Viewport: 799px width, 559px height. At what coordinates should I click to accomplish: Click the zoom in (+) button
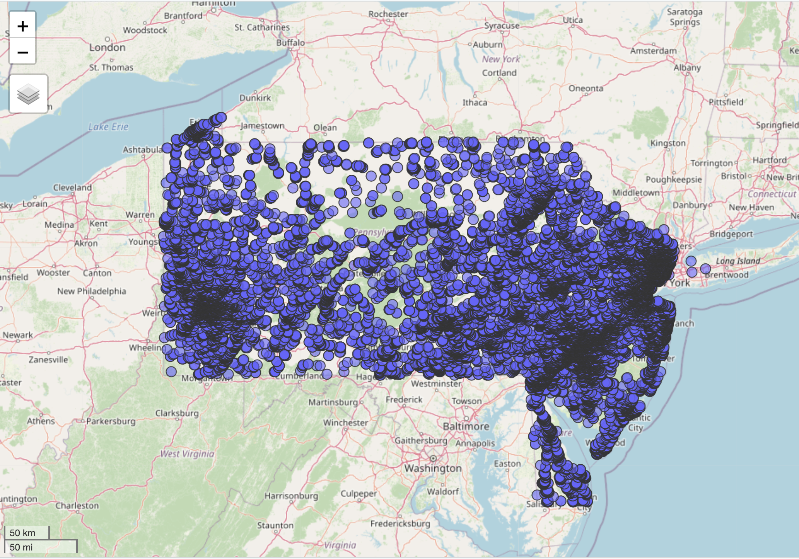pos(23,26)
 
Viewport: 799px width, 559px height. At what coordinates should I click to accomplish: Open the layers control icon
pos(29,94)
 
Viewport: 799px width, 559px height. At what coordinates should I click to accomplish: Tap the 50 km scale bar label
pos(22,533)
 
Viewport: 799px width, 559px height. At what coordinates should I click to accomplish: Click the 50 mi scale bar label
pos(21,547)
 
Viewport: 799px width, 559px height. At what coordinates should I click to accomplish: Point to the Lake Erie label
pos(108,127)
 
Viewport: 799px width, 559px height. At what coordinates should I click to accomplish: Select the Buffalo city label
pos(290,43)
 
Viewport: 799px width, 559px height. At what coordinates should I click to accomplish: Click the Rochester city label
pos(388,14)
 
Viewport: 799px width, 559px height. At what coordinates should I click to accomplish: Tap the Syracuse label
pos(502,26)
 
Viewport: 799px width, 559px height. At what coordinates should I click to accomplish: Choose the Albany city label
pos(687,67)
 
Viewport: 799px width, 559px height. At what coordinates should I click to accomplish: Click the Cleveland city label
pos(72,187)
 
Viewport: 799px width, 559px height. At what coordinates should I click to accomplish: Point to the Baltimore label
pos(466,426)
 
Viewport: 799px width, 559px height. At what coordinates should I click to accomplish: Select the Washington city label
pos(433,468)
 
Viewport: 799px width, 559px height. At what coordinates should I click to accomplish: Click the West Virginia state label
pos(187,453)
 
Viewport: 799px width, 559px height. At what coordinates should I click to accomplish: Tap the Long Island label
pos(738,261)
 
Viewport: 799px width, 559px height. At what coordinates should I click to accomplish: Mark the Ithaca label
pos(475,102)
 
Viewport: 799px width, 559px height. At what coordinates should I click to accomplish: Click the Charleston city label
pos(77,505)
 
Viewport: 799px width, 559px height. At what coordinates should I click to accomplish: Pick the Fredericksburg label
pos(400,523)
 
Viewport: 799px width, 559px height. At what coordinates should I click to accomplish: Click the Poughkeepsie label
pos(674,179)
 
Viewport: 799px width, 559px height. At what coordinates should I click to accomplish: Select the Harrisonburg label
pos(291,496)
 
